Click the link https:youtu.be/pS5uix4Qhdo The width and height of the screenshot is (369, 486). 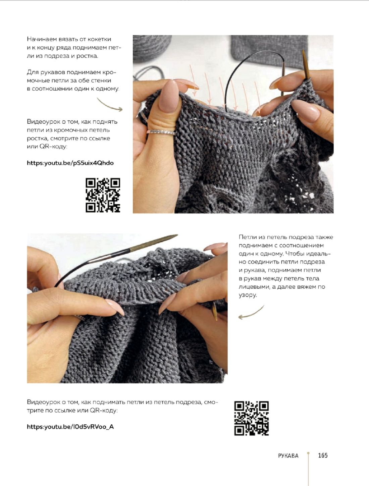coord(70,163)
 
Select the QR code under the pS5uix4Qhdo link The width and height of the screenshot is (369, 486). coord(103,195)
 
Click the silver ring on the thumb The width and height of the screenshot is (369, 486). coord(161,132)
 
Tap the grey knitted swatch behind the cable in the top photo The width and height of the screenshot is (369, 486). coord(269,51)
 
